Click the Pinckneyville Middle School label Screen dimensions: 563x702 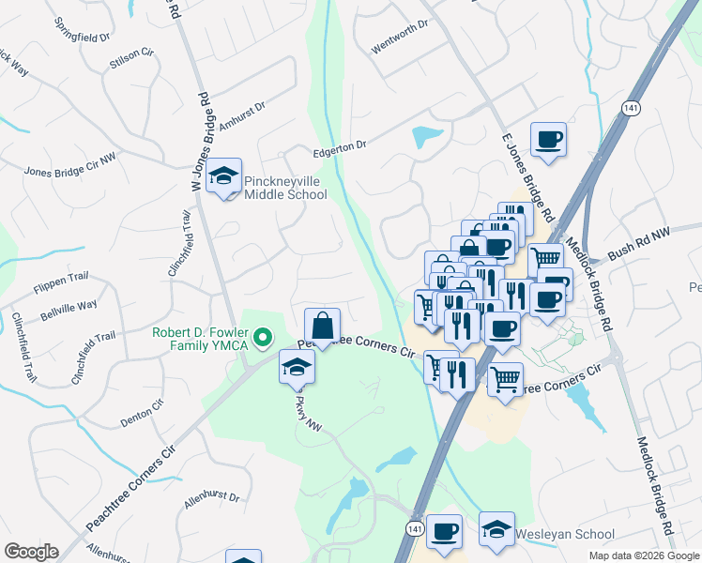pos(285,188)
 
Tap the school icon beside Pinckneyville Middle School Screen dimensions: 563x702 pos(224,176)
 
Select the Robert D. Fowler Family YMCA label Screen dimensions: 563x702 pos(202,340)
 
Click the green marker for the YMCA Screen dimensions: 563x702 pos(264,336)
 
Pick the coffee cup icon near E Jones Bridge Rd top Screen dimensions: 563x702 pos(548,140)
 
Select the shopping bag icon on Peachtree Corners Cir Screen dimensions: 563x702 pos(322,327)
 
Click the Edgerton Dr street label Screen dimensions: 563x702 pos(339,146)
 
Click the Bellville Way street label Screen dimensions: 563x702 pos(68,308)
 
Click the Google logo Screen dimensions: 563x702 pos(31,552)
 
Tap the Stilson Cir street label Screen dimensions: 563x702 pos(130,54)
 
